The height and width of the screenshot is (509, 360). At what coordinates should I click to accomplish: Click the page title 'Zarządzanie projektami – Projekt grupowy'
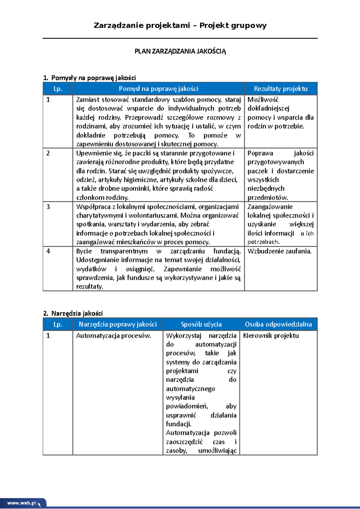coord(180,25)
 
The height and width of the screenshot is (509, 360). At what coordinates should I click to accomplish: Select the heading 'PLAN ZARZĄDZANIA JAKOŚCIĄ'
coord(180,51)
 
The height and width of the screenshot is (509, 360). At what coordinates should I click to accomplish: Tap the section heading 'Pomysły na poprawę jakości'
coord(93,78)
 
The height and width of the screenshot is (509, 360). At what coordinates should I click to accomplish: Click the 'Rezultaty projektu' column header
coord(280,89)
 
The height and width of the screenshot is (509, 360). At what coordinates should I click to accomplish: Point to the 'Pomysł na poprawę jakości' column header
coord(158,89)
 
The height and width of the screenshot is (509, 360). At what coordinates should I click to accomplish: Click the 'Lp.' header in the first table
coord(58,89)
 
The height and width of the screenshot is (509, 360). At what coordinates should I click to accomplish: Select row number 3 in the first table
coord(48,207)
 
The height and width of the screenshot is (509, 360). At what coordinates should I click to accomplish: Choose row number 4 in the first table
coord(48,251)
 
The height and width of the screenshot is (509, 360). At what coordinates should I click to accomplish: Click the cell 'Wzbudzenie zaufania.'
coord(279,251)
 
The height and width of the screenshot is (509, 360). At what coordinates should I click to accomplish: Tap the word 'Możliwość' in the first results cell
coord(263,100)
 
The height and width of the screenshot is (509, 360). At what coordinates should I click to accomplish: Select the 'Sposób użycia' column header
coord(201,324)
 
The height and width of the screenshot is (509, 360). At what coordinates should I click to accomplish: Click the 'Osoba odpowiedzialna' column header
coord(278,324)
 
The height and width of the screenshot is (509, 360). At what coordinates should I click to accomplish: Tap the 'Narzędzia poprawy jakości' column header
coord(118,324)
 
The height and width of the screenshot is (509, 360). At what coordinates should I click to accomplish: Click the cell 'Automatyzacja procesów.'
coord(113,336)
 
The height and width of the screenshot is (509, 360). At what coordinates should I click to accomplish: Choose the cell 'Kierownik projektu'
coord(271,336)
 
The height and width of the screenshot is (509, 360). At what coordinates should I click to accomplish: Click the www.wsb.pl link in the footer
coord(22,503)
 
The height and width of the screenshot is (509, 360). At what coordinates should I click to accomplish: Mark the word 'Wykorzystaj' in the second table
coord(184,336)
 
